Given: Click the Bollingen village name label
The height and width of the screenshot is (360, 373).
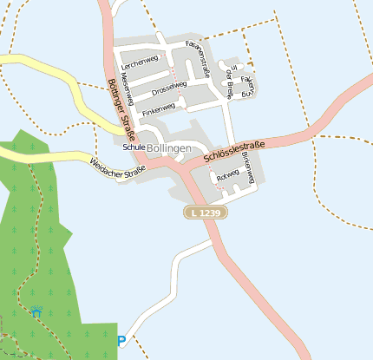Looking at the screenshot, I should click(x=169, y=148).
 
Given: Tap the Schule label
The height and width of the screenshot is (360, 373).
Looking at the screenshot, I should click(x=134, y=147).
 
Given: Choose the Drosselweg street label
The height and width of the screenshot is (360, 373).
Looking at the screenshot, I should click(x=169, y=87).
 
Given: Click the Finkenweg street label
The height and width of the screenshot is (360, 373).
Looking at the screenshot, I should click(x=159, y=108).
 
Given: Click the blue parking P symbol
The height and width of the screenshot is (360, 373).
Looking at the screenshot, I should click(x=121, y=341).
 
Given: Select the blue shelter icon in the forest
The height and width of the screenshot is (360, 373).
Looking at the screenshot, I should click(x=36, y=311).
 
